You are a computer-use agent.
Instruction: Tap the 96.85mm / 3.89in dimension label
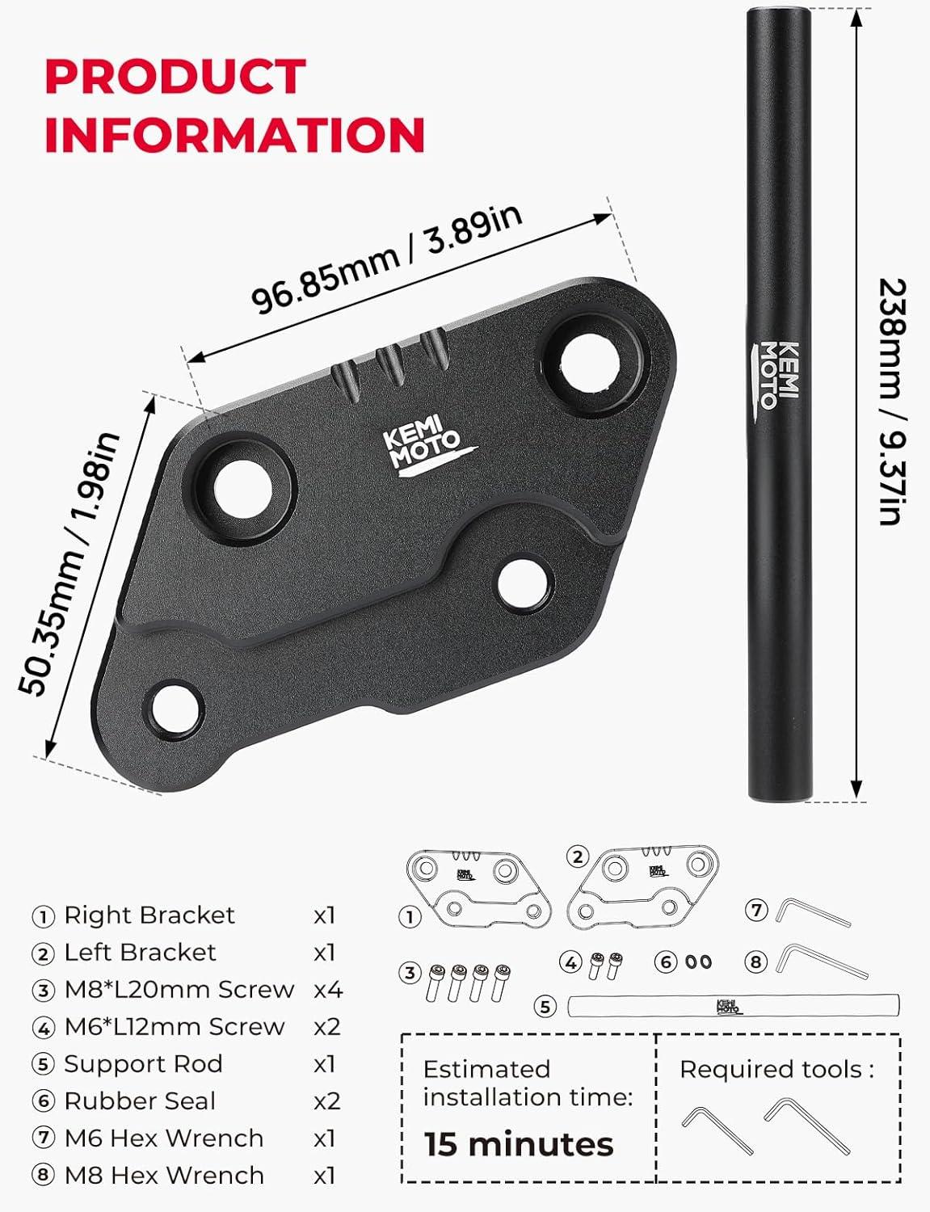[386, 259]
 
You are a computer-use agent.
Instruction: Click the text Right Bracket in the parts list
[149, 915]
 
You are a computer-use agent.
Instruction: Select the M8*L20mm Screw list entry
[179, 990]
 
